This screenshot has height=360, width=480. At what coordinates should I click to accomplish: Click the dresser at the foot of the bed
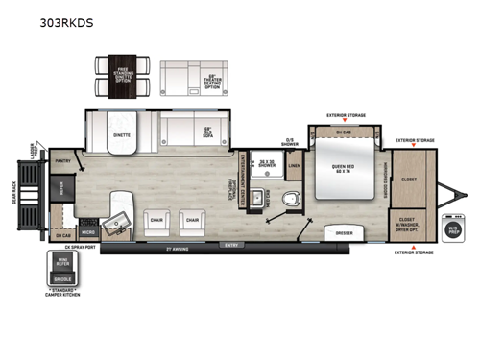coord(343,231)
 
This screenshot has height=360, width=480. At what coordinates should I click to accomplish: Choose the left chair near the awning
coord(156,221)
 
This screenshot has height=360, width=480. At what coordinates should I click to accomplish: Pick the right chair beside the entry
coord(193,221)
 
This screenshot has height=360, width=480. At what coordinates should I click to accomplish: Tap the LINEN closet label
coord(294,166)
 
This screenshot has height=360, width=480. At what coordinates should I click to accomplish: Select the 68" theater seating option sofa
coord(190,78)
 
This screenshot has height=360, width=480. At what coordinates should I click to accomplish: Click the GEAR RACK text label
coord(12,198)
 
